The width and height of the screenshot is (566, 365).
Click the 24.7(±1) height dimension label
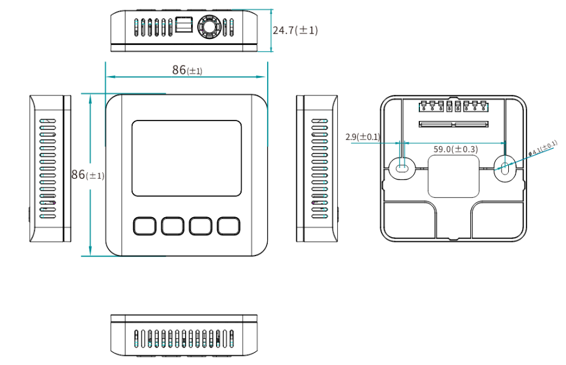tap(295, 30)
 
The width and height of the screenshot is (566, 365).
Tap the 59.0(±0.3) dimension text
tap(455, 149)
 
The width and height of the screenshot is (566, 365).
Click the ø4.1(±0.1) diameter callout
tap(543, 147)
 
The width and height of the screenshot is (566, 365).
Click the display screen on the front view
tap(186, 158)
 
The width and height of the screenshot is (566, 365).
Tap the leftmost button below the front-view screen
tap(144, 226)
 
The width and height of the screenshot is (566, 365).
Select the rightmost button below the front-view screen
tap(229, 226)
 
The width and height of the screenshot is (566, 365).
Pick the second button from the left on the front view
tap(173, 226)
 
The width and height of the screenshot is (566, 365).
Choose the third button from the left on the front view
tap(201, 226)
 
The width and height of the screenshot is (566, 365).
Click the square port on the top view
tap(184, 26)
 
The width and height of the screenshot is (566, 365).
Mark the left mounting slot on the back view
tap(401, 169)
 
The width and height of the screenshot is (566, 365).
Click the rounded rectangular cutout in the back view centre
tap(453, 176)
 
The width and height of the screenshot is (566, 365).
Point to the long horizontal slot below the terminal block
tap(453, 125)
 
